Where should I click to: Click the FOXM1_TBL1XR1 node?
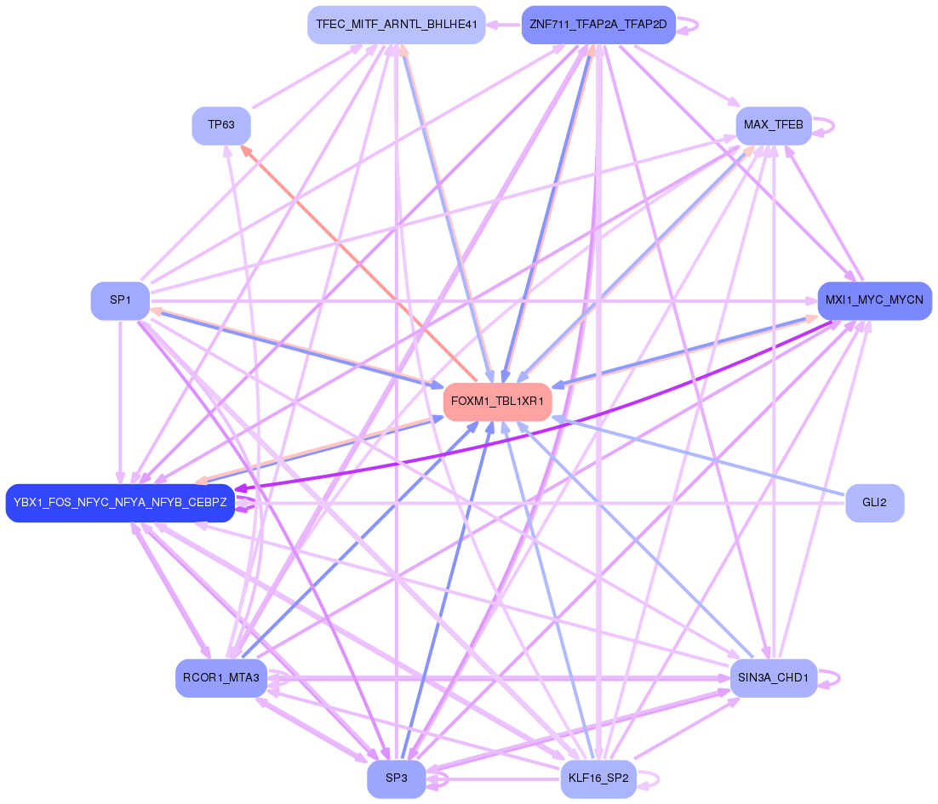click(x=498, y=401)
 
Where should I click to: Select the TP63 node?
click(x=221, y=125)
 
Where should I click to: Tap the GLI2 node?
click(x=874, y=503)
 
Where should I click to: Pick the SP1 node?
click(x=120, y=300)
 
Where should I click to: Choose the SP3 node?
click(x=396, y=778)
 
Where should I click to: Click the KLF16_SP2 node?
click(x=598, y=778)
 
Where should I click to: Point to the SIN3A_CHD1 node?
click(x=773, y=678)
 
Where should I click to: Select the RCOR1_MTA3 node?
click(x=221, y=678)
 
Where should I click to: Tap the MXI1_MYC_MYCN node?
click(x=874, y=300)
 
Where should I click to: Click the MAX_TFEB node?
click(x=773, y=125)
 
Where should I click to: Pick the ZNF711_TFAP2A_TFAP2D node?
click(x=598, y=25)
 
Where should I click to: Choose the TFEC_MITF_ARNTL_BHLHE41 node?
click(x=396, y=25)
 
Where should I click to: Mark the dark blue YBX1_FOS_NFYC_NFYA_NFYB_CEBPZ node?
click(x=120, y=503)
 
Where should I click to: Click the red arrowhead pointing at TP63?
click(x=246, y=150)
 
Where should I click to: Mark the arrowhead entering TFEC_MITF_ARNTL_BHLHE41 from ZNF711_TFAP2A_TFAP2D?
click(x=493, y=25)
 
